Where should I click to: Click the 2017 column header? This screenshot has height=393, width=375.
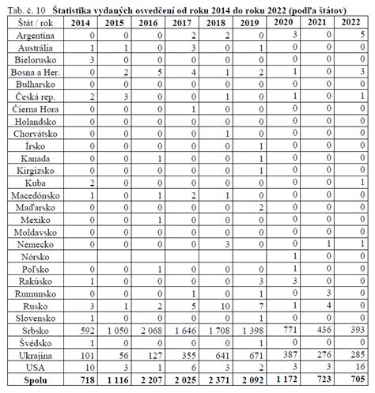click(182, 23)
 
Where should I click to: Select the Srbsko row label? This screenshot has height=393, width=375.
click(35, 331)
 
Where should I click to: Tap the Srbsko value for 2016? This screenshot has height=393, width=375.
click(151, 331)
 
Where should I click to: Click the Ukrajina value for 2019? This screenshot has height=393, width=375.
click(256, 356)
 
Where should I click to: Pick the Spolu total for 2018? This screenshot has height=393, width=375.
click(219, 380)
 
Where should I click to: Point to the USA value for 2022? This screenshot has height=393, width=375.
click(360, 367)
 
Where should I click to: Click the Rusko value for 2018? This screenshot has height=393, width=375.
click(225, 306)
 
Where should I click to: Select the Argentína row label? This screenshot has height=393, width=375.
click(35, 36)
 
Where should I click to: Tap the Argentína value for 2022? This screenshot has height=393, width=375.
click(362, 34)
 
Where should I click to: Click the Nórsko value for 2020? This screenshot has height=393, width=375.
click(295, 255)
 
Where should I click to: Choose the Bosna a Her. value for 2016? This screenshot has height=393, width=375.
click(160, 72)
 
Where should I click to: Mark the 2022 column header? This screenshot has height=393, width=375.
click(350, 22)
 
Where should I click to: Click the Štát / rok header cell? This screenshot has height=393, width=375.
click(36, 23)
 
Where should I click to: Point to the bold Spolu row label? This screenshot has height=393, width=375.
click(36, 380)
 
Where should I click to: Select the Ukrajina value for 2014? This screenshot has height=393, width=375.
click(87, 356)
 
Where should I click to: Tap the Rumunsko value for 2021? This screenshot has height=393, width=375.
click(328, 293)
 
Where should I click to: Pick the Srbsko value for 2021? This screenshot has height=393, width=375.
click(324, 330)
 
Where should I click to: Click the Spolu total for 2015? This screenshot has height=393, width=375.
click(118, 380)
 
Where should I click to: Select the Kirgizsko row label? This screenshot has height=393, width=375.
click(36, 171)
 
